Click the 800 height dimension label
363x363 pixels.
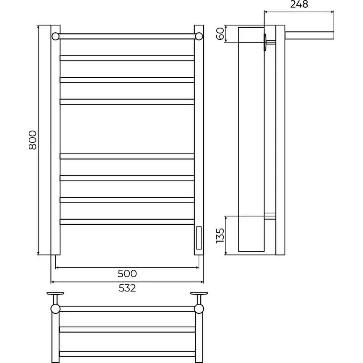[33, 140]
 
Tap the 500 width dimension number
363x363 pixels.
[127, 274]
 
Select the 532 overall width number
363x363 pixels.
[127, 288]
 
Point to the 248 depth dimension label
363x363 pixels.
[299, 4]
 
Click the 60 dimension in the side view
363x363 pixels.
[220, 33]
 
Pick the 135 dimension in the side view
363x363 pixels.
[220, 236]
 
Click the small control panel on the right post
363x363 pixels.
[199, 238]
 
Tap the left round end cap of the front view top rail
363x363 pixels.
[56, 36]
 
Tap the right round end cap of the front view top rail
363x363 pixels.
[199, 36]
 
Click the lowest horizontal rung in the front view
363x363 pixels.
[127, 222]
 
